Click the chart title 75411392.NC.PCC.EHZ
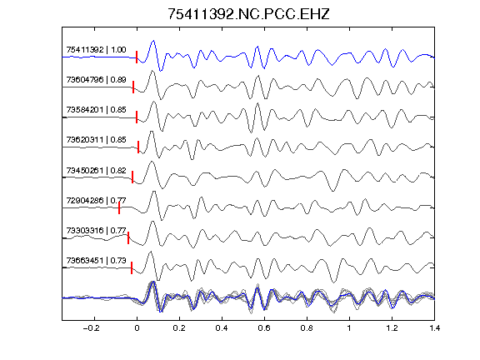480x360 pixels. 248,14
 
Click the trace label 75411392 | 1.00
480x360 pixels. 96,50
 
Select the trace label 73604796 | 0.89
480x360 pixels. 96,80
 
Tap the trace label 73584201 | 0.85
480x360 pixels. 96,110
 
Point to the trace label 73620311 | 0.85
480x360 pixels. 96,140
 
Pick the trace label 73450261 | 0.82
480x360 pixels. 96,170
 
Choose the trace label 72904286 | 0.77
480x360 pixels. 96,201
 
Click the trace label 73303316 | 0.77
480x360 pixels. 96,230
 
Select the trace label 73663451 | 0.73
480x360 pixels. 96,261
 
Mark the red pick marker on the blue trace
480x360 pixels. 137,57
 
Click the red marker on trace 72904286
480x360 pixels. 119,207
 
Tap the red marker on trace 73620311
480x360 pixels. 138,147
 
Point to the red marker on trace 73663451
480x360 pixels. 132,267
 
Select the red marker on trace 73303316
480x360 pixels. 128,237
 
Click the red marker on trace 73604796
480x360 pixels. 133,87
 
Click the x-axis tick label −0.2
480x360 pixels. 92,328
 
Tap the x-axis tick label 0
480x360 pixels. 137,328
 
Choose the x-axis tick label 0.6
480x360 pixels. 264,328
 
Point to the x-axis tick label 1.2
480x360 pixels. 392,328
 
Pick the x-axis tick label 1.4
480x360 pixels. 434,328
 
